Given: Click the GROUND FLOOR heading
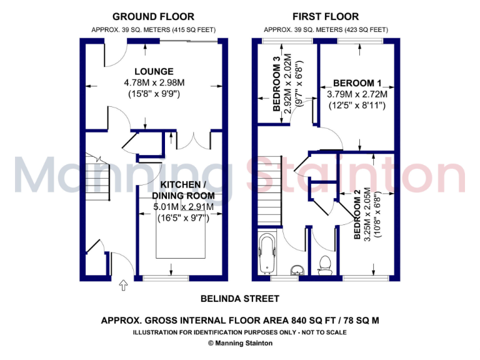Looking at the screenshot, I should pyautogui.click(x=152, y=17).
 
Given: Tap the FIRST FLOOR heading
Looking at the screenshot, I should pyautogui.click(x=326, y=17).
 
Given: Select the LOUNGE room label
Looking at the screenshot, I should pyautogui.click(x=153, y=71).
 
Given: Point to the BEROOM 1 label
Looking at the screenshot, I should pyautogui.click(x=357, y=83).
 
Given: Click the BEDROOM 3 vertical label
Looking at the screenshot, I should pyautogui.click(x=276, y=84).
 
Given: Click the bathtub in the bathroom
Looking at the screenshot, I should pyautogui.click(x=267, y=254).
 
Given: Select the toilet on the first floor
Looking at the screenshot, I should pyautogui.click(x=324, y=265).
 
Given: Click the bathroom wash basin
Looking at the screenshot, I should pyautogui.click(x=296, y=270).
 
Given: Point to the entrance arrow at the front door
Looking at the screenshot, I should pyautogui.click(x=123, y=286).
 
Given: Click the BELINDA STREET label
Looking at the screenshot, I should pyautogui.click(x=240, y=299).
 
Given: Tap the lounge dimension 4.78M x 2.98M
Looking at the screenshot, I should pyautogui.click(x=153, y=82).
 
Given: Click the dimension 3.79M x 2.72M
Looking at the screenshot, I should pyautogui.click(x=357, y=94).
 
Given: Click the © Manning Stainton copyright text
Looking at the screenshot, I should pyautogui.click(x=240, y=342).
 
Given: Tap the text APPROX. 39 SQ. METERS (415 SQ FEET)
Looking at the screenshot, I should pyautogui.click(x=152, y=29).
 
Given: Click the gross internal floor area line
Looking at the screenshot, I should pyautogui.click(x=240, y=321).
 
